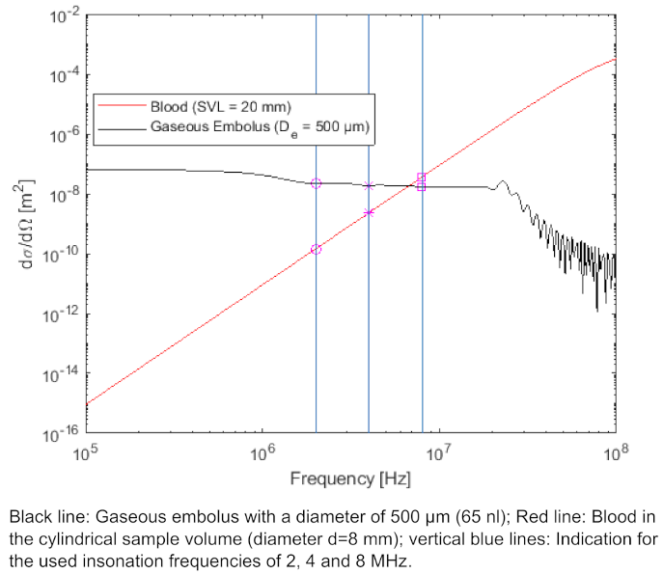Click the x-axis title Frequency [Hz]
350,478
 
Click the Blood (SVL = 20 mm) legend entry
220,105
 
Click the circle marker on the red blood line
316,249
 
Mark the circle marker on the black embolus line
316,183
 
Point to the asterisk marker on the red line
369,212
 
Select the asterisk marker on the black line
369,185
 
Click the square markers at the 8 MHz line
422,181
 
